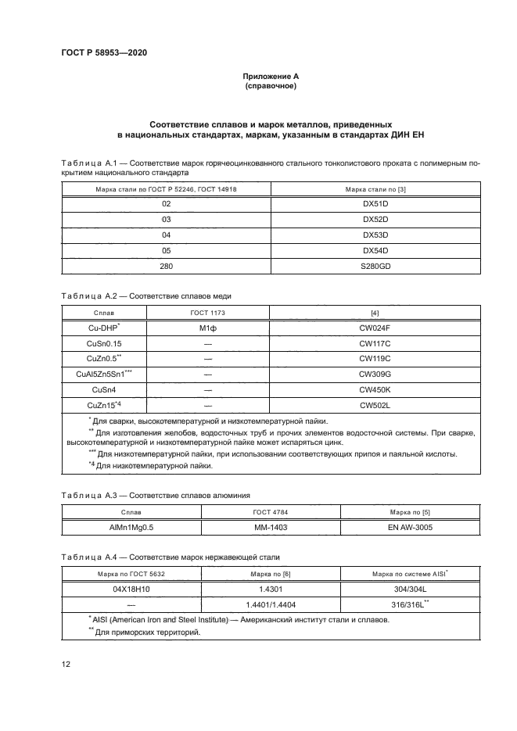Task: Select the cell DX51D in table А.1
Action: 375,203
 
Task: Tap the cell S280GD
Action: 375,266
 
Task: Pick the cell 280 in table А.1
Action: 166,266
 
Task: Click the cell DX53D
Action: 375,235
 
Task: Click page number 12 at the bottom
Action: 66,665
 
